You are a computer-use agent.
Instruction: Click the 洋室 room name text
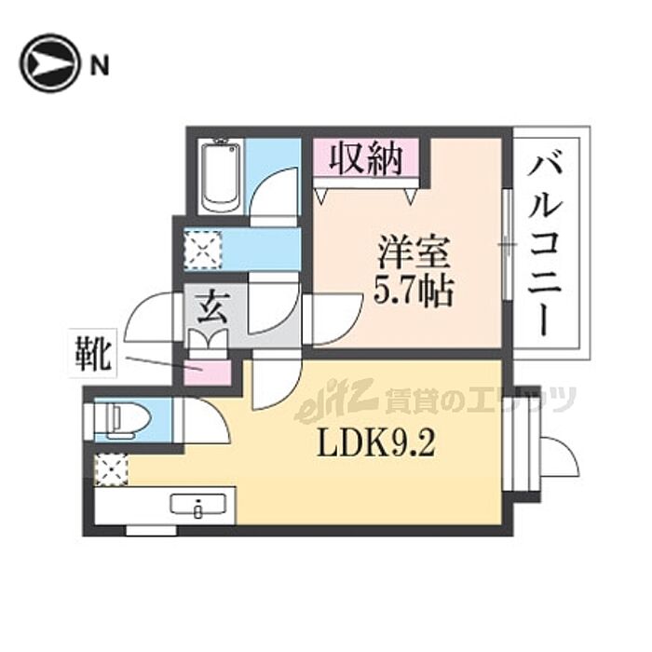(x=414, y=253)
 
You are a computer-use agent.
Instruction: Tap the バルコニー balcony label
(x=550, y=246)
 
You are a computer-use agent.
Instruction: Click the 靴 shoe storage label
(x=96, y=357)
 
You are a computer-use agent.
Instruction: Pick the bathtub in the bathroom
(x=224, y=177)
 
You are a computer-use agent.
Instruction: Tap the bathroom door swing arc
(x=275, y=191)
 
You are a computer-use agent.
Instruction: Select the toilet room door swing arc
(x=207, y=421)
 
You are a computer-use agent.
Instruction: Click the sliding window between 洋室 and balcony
(x=506, y=245)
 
